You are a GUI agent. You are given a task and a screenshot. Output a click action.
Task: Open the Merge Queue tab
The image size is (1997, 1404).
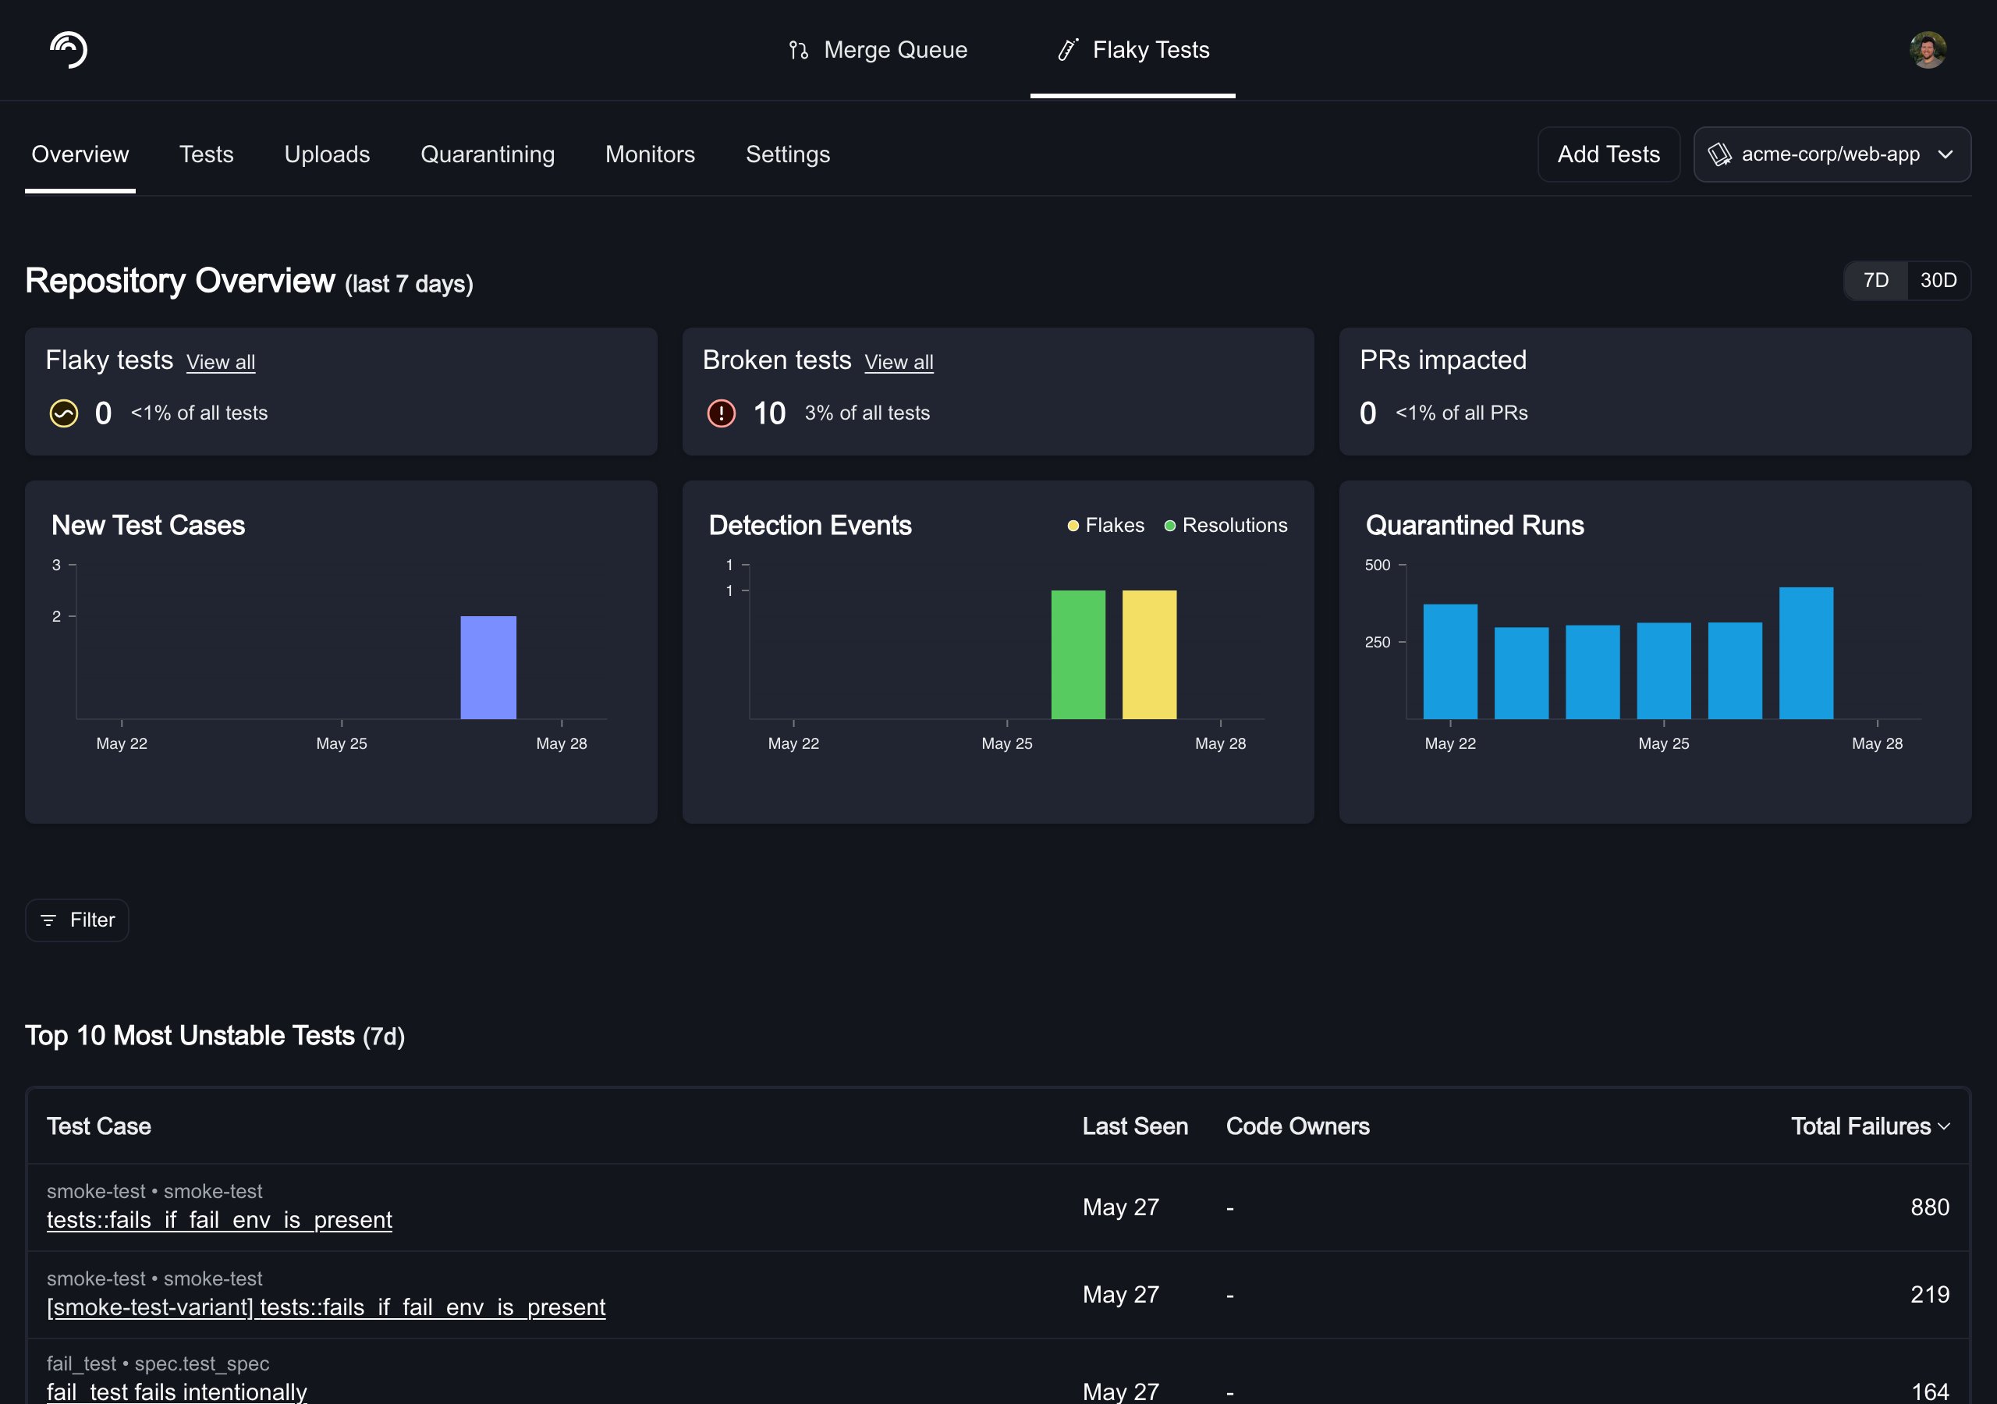click(x=878, y=50)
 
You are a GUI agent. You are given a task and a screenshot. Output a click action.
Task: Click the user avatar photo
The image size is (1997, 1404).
click(x=1928, y=50)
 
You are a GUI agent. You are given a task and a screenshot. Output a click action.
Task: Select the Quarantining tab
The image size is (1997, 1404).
click(x=487, y=154)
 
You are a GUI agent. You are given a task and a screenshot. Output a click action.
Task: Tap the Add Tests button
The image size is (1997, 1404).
click(x=1609, y=154)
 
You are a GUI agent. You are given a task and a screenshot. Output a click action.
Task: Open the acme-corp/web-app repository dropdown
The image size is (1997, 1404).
click(x=1832, y=154)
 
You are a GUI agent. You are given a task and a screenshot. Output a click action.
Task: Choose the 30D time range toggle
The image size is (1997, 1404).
click(x=1938, y=280)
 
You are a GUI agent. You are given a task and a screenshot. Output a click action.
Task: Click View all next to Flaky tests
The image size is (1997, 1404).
click(x=221, y=362)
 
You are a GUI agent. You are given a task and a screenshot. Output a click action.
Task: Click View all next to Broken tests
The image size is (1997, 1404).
click(x=899, y=362)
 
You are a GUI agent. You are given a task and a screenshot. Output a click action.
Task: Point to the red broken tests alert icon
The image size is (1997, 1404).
click(x=721, y=413)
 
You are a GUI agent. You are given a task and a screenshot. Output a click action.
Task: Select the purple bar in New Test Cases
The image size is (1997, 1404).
click(x=488, y=667)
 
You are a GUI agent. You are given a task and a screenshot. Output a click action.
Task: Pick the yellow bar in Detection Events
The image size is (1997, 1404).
click(x=1149, y=654)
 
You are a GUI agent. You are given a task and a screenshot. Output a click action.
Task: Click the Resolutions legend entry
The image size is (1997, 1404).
click(x=1226, y=526)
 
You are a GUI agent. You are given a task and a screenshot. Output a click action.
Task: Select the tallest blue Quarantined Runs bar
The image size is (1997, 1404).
click(x=1806, y=652)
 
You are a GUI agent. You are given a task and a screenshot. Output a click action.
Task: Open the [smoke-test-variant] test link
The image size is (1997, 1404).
click(x=326, y=1306)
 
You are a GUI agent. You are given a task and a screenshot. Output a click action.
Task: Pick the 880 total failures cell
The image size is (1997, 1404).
click(x=1929, y=1207)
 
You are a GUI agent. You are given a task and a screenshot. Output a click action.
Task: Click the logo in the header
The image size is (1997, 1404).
click(x=69, y=50)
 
